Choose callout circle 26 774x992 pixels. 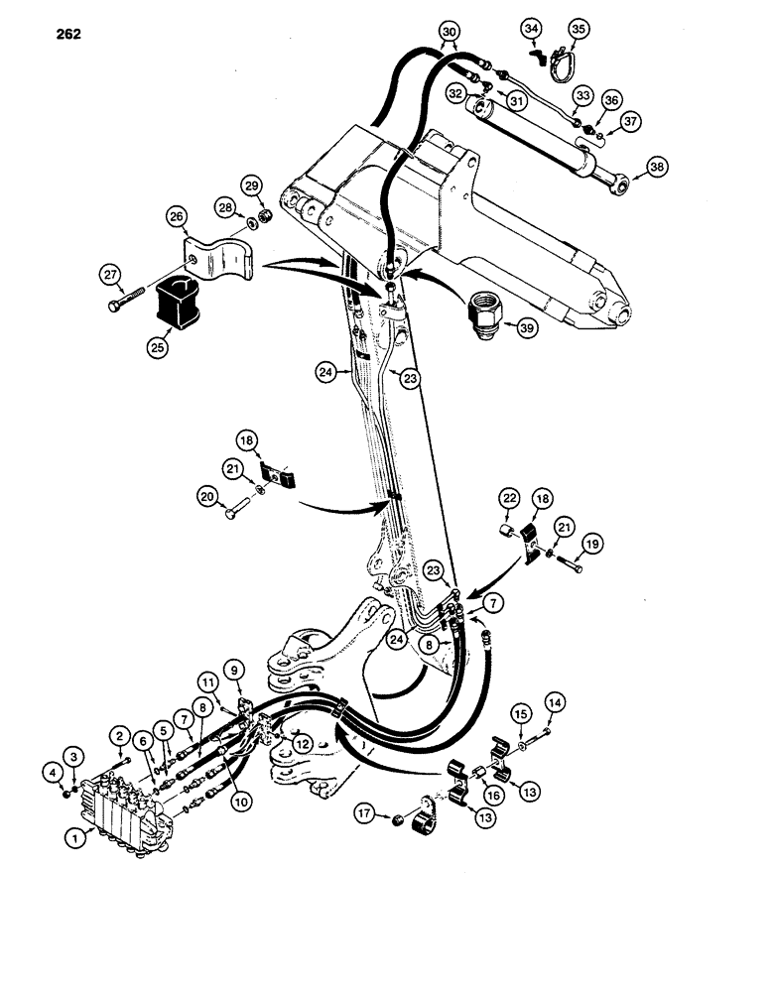click(x=177, y=217)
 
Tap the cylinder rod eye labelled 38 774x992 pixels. click(x=621, y=181)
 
